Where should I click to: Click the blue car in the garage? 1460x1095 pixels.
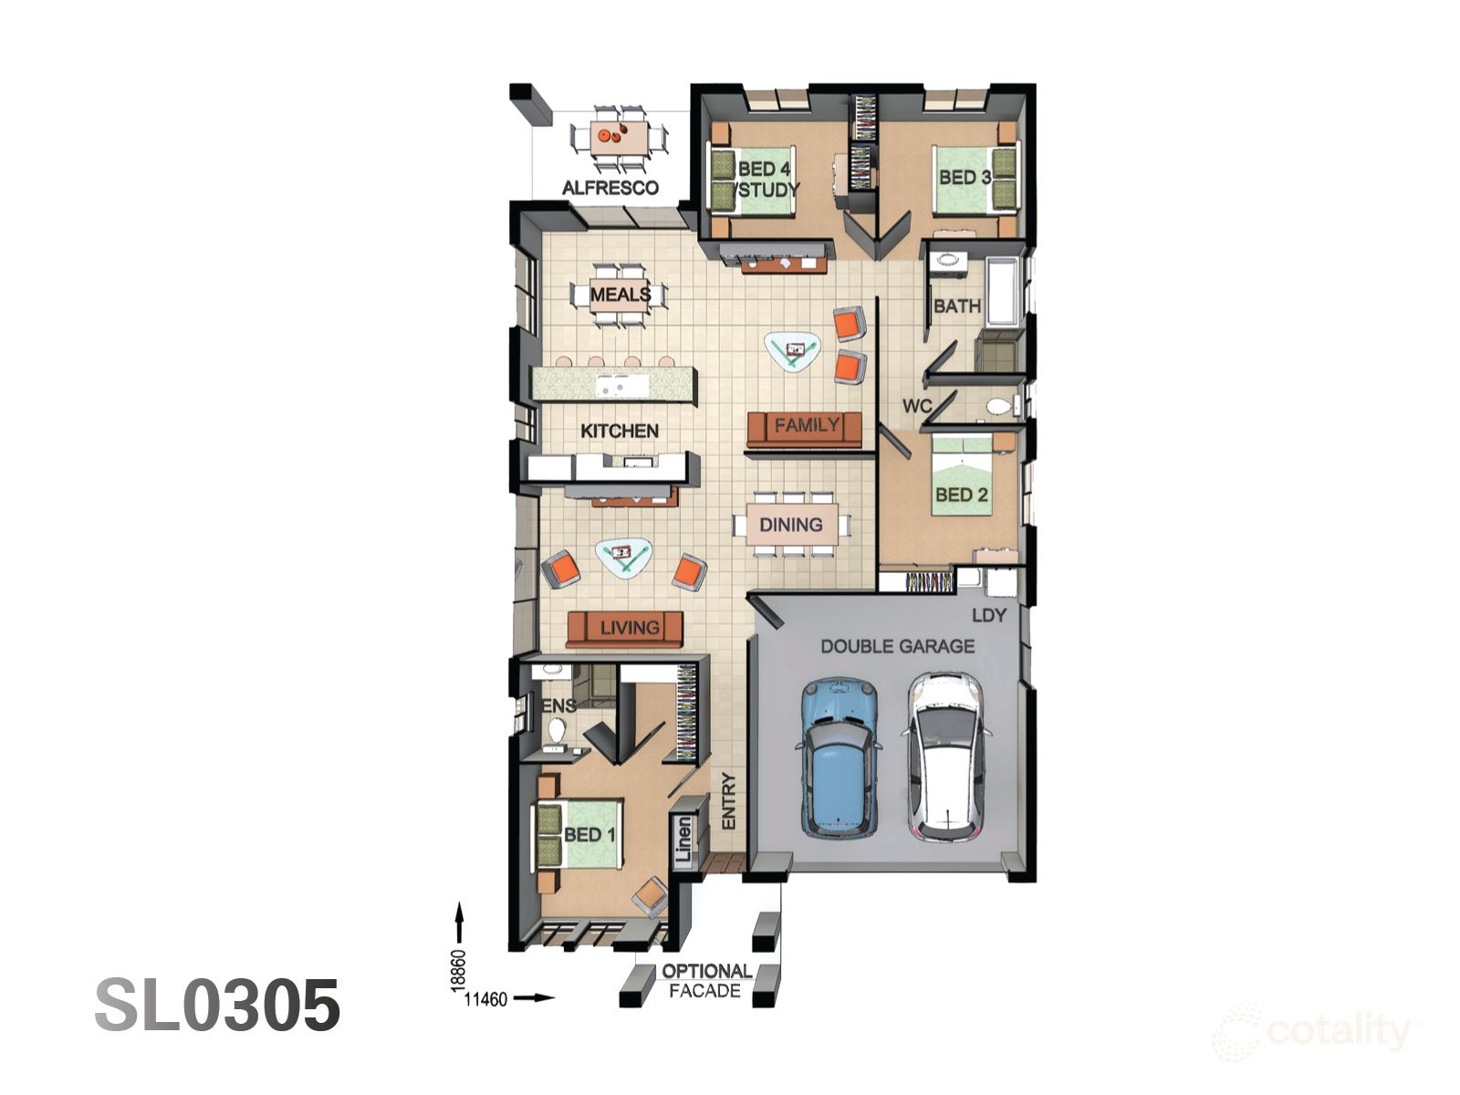click(x=839, y=757)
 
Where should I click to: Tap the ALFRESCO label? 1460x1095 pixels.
click(x=610, y=188)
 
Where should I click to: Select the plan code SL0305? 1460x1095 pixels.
click(x=217, y=1006)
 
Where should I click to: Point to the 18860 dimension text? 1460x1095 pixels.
click(x=458, y=969)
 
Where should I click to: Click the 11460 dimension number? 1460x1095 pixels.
click(x=485, y=999)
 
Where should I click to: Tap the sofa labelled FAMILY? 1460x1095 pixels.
click(x=805, y=427)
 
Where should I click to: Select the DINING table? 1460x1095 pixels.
click(x=791, y=525)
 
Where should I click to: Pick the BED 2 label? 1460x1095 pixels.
click(x=961, y=495)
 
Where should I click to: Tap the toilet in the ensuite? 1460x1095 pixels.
click(x=556, y=730)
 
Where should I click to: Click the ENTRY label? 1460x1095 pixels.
click(x=728, y=801)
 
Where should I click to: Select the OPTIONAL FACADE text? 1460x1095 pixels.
click(x=705, y=981)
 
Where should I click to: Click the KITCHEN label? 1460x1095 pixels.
click(x=619, y=431)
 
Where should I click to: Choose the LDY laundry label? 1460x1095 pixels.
click(x=988, y=616)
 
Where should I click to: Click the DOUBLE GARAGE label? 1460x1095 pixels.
click(x=897, y=646)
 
